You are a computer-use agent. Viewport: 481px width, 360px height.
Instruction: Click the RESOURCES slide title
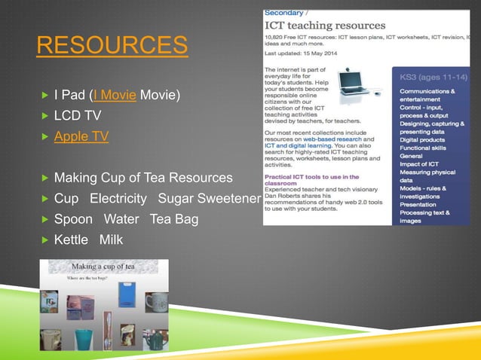[x=112, y=47]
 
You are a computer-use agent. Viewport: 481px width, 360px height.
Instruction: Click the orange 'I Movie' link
[x=114, y=96]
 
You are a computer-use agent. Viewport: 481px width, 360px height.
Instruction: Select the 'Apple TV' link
[x=81, y=136]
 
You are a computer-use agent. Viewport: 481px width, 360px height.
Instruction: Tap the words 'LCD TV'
[x=77, y=116]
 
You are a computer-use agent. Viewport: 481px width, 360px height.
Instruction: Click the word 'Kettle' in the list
[x=72, y=239]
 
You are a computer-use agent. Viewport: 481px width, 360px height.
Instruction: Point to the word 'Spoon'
[x=73, y=219]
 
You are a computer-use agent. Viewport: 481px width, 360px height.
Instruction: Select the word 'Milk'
[x=112, y=239]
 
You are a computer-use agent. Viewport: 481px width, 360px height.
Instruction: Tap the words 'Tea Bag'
[x=174, y=219]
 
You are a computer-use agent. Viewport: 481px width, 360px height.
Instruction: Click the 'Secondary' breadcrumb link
[x=283, y=12]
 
